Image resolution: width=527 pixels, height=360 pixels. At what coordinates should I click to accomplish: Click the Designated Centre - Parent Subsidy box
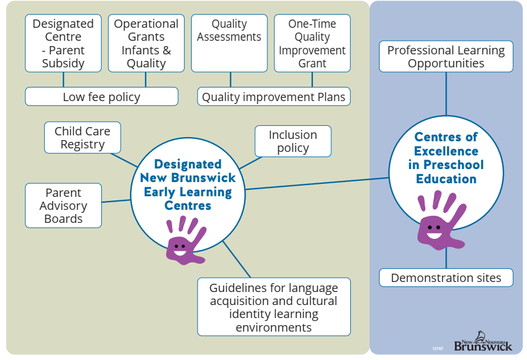(x=63, y=43)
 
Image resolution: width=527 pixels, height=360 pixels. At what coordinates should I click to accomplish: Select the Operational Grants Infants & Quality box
(x=146, y=43)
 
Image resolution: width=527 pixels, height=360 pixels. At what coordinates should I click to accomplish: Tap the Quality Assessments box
(x=229, y=43)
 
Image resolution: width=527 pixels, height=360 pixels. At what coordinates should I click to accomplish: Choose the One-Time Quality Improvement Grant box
(x=312, y=43)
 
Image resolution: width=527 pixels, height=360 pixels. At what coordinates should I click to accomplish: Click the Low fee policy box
(x=102, y=97)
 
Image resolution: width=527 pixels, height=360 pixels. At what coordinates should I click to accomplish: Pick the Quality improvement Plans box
(x=274, y=97)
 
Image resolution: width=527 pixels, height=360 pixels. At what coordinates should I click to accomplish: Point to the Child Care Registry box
(x=83, y=138)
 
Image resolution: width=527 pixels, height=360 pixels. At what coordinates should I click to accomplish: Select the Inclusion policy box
(x=293, y=141)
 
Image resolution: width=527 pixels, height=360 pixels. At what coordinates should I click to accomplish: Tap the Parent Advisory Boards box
(x=63, y=206)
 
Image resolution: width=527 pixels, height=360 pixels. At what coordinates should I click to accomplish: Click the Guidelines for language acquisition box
(x=274, y=307)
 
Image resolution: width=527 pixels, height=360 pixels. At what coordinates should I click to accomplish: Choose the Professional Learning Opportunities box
(x=446, y=57)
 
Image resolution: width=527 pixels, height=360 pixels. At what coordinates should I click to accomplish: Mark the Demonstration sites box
(x=446, y=278)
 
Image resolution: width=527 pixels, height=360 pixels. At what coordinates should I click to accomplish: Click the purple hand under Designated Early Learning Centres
(x=184, y=240)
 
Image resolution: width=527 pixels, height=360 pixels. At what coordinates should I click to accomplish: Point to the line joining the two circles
(x=317, y=183)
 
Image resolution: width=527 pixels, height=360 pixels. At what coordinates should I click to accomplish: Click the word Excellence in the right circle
(x=446, y=151)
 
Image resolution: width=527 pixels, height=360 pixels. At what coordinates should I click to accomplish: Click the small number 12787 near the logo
(x=438, y=348)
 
